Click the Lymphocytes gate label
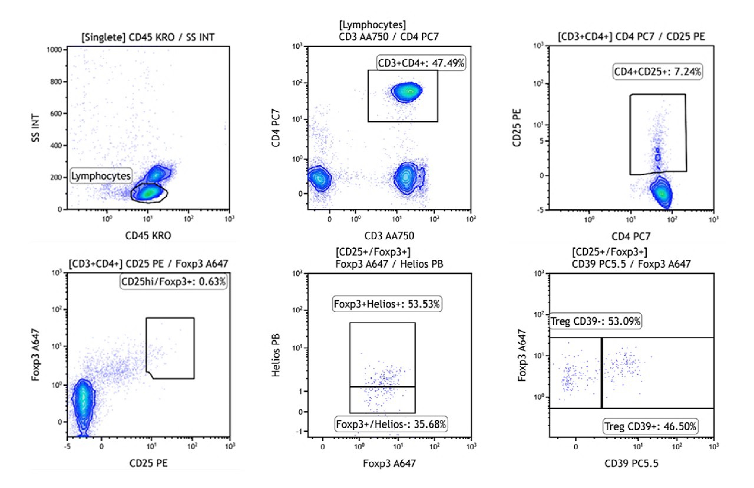(101, 176)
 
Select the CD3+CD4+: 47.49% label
(421, 63)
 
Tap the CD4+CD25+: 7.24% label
(657, 72)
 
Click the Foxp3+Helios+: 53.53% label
(386, 304)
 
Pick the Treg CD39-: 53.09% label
(595, 321)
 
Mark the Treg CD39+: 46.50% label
(650, 426)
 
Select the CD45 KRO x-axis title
(148, 236)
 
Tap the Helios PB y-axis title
(276, 355)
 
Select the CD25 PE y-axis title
(517, 128)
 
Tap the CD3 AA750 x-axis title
(389, 236)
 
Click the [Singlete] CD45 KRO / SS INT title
(148, 37)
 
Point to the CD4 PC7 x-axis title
(631, 236)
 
